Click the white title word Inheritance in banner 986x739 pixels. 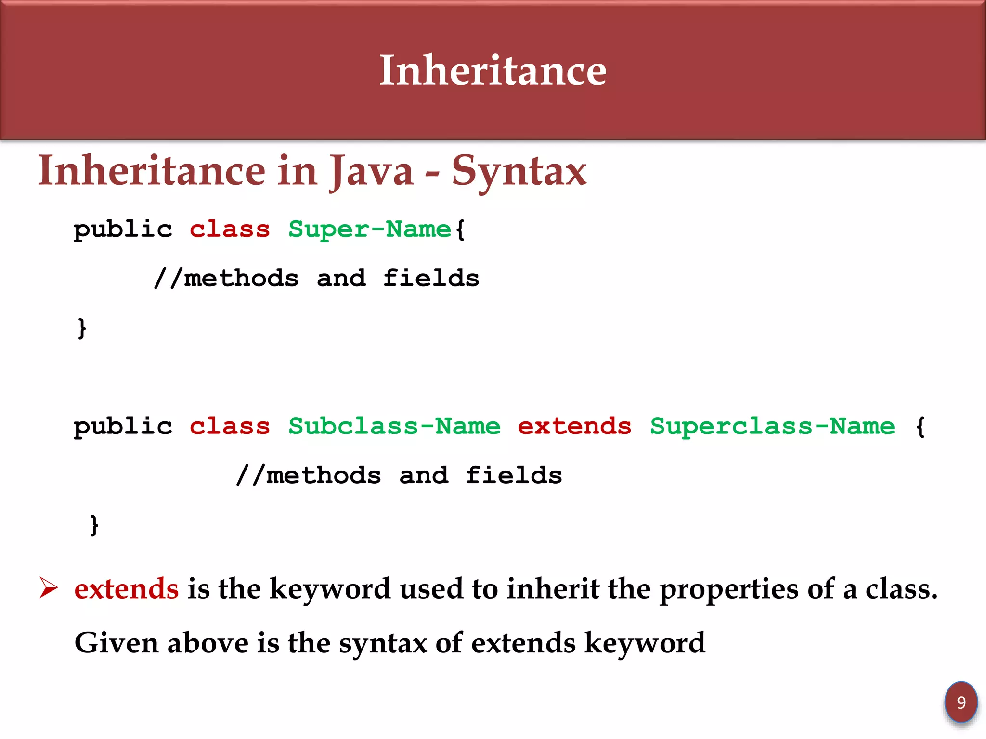pyautogui.click(x=493, y=71)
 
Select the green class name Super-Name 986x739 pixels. pyautogui.click(x=369, y=229)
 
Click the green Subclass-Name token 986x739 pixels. pyautogui.click(x=394, y=426)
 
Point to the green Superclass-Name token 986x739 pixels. pyautogui.click(x=772, y=426)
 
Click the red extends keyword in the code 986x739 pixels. pyautogui.click(x=574, y=426)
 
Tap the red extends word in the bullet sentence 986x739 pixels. pyautogui.click(x=126, y=589)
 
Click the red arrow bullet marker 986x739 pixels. pyautogui.click(x=49, y=588)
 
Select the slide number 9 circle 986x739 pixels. pyautogui.click(x=961, y=702)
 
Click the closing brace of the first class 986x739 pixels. pyautogui.click(x=82, y=329)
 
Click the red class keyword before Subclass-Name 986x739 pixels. pyautogui.click(x=230, y=426)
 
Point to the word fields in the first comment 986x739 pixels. pyautogui.click(x=431, y=279)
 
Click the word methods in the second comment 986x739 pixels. pyautogui.click(x=323, y=476)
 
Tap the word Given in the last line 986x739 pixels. pyautogui.click(x=117, y=643)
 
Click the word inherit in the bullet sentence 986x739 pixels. pyautogui.click(x=553, y=589)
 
